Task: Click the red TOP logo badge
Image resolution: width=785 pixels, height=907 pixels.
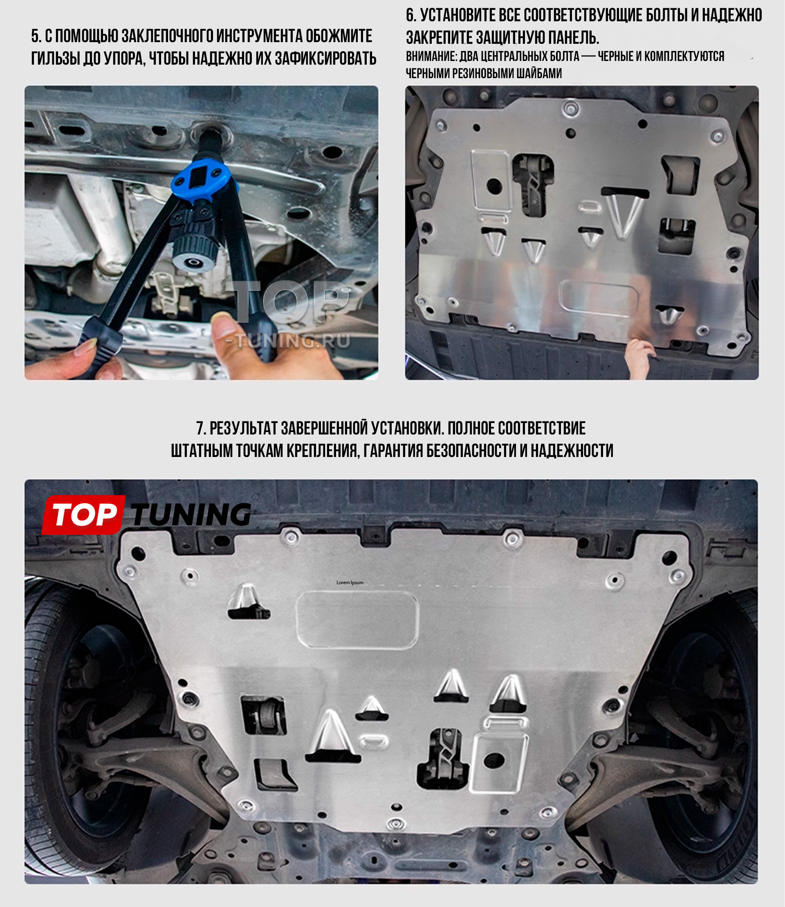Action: [83, 514]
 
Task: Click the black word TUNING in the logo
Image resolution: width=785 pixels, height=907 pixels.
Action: [191, 514]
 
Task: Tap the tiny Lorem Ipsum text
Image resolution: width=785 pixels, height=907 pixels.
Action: [350, 583]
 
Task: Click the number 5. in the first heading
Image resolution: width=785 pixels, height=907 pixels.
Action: [36, 36]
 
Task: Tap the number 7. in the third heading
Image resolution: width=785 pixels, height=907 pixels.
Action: [201, 428]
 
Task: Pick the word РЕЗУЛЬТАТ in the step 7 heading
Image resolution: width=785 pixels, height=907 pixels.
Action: [244, 428]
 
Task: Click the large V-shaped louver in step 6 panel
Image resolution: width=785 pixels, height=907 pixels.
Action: [625, 214]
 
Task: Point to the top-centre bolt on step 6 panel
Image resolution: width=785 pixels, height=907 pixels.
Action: [571, 108]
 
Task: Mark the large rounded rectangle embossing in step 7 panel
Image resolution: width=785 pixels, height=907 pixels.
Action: [357, 619]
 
